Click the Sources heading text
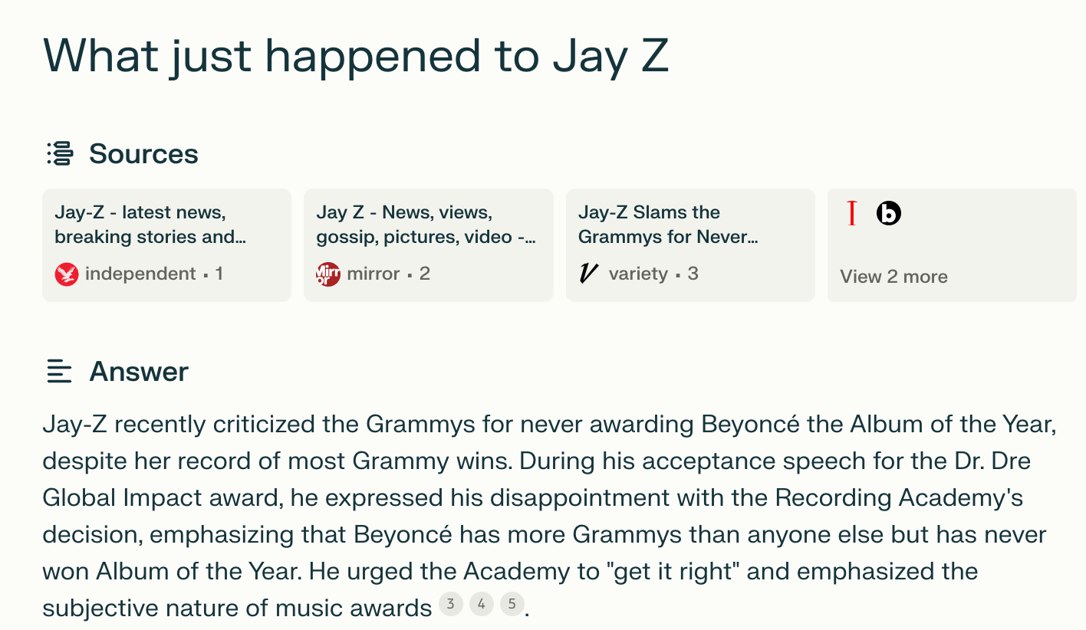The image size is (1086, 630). (143, 154)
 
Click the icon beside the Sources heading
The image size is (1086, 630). (60, 153)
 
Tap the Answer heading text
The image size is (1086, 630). (139, 372)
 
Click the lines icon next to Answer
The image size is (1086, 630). (59, 372)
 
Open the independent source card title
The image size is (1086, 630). (150, 225)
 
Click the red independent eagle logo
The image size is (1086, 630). (67, 274)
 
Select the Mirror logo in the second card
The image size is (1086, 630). (327, 274)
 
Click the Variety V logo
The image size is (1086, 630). (588, 274)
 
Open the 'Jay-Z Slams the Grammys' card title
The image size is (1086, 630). (667, 225)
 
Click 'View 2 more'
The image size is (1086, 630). (893, 277)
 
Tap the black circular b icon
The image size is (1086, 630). (888, 213)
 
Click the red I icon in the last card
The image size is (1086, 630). (851, 213)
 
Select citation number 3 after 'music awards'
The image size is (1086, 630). (450, 605)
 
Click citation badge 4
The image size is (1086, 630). (481, 605)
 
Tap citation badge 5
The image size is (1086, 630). (512, 605)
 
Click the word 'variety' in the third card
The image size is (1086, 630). (638, 274)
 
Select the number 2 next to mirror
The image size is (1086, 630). (425, 274)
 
